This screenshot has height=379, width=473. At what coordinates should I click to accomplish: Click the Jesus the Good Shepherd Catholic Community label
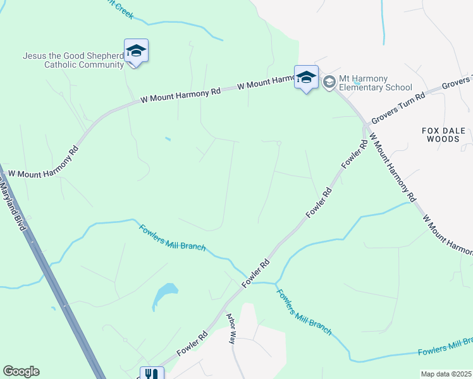[x=73, y=60]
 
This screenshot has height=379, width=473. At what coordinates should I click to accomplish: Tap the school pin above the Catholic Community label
[x=136, y=51]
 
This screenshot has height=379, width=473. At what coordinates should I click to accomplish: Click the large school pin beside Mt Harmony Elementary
[x=307, y=78]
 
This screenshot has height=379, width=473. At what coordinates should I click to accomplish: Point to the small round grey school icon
[x=329, y=83]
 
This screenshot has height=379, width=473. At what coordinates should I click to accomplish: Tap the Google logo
[x=21, y=371]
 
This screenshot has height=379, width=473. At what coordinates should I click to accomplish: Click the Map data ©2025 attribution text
[x=445, y=374]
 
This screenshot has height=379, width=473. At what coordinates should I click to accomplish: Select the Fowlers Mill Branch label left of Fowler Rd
[x=172, y=238]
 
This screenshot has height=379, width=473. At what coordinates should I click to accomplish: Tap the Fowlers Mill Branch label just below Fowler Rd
[x=304, y=311]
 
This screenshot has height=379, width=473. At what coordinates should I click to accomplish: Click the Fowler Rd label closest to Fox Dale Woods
[x=355, y=155]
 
